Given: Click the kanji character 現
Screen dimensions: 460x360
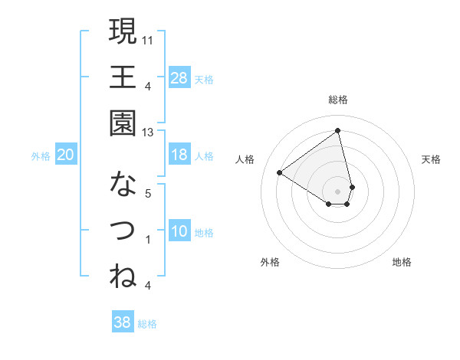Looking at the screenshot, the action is (123, 31).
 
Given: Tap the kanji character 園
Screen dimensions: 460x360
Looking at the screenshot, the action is (123, 123).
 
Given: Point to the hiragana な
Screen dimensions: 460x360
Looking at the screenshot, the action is (123, 185).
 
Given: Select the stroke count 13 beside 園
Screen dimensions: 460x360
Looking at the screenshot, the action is (148, 133).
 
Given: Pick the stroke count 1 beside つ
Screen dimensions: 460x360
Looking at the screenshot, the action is (148, 240).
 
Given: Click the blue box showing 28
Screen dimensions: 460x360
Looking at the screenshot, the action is (179, 77).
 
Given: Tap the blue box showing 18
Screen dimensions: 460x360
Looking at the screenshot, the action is (179, 155).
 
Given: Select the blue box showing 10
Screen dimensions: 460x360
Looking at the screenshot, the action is (179, 231).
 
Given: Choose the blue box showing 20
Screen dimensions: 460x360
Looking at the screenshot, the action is (65, 155).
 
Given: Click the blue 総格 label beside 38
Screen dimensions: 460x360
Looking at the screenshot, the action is (147, 324).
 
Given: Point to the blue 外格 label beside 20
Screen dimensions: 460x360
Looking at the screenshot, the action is (41, 155).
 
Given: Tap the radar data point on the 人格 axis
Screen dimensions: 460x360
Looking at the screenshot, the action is (279, 173).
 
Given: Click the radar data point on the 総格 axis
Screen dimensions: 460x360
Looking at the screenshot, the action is (337, 130).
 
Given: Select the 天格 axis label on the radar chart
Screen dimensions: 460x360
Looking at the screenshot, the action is (432, 159).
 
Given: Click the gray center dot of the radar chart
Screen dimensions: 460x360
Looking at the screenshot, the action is (337, 190).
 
